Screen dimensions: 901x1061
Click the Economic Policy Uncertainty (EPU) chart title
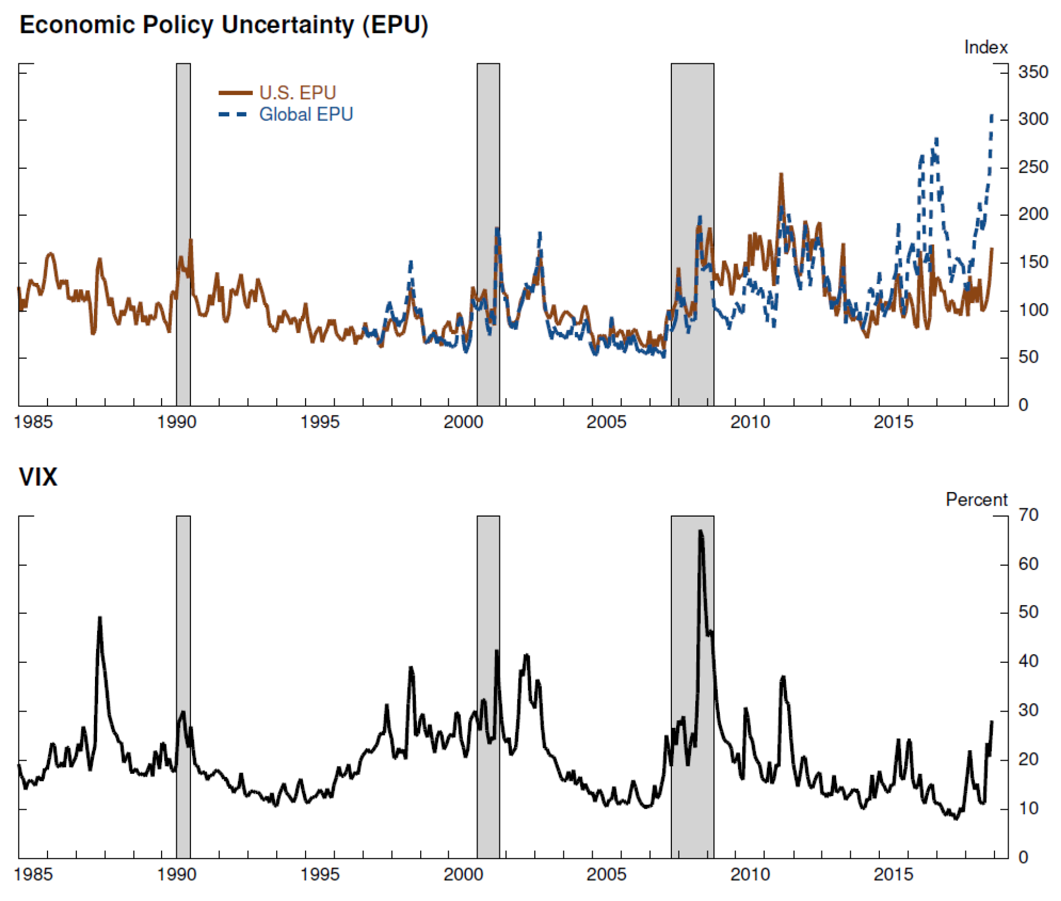(224, 25)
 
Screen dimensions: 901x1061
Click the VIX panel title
(38, 477)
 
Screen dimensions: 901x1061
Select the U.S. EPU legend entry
(297, 93)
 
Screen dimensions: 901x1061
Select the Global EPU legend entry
(306, 114)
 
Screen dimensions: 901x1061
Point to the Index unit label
(985, 48)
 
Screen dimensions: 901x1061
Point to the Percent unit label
(976, 500)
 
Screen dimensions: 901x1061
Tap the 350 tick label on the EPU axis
(1033, 72)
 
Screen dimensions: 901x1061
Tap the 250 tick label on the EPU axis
(1033, 167)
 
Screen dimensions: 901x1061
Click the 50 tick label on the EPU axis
(1028, 357)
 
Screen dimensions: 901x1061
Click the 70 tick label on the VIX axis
(1028, 514)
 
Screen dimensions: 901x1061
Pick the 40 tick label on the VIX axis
(1028, 661)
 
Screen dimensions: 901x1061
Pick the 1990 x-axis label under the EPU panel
(176, 422)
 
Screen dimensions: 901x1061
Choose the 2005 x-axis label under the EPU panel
(606, 422)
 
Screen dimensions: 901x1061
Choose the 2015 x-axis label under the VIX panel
(893, 875)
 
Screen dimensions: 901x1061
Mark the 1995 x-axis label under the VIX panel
(320, 875)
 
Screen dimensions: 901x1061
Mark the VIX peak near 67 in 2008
(701, 531)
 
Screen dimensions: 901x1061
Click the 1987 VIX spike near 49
(100, 618)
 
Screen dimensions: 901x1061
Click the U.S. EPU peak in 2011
(781, 175)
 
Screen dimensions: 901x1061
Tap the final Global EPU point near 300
(992, 116)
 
